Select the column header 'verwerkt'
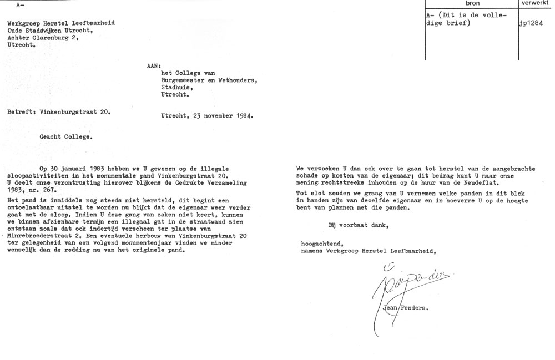536,4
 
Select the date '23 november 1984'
221,116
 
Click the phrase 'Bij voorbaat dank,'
357,224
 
